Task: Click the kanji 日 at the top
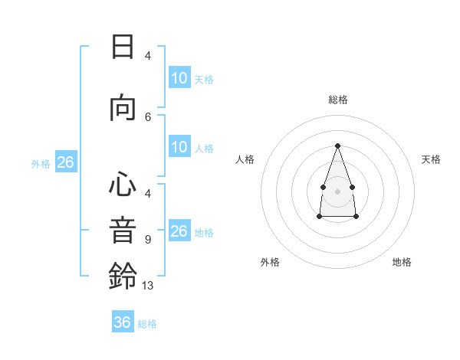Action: click(123, 47)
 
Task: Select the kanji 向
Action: click(123, 108)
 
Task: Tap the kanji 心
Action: click(123, 184)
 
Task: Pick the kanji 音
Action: click(123, 231)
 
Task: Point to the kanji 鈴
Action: click(123, 276)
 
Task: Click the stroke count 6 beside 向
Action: click(148, 117)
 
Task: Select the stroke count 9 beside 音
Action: click(148, 240)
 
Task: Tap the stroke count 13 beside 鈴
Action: click(147, 286)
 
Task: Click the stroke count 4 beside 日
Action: click(148, 56)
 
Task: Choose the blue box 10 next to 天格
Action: click(179, 77)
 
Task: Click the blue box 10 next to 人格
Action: click(179, 146)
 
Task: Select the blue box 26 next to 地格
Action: click(179, 230)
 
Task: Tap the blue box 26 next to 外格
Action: click(66, 162)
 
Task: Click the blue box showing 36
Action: click(123, 321)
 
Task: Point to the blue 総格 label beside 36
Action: click(147, 324)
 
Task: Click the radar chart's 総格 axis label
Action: click(338, 100)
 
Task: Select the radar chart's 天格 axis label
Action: click(431, 159)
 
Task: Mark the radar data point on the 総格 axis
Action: click(337, 146)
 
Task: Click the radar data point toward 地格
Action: click(356, 216)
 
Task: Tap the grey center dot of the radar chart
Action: click(337, 191)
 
